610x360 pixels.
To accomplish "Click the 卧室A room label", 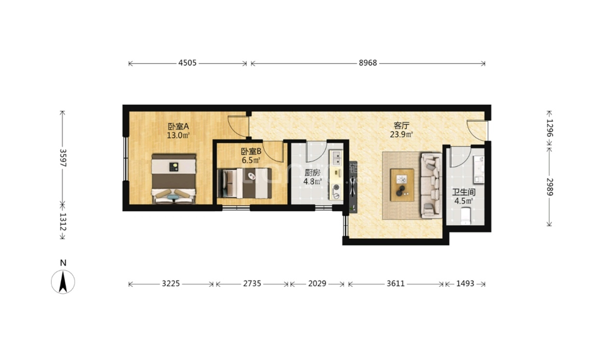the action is click(178, 126).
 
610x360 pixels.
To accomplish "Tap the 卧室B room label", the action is click(251, 151).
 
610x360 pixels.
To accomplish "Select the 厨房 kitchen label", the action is click(312, 173).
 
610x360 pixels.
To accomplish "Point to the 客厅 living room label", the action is click(401, 125).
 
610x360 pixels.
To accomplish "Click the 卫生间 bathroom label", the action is click(464, 192).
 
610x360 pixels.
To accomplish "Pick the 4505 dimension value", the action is click(187, 62).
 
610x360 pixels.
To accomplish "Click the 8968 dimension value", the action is click(368, 62).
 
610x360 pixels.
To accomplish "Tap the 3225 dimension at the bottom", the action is click(171, 284).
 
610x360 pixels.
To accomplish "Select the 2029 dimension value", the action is click(317, 284).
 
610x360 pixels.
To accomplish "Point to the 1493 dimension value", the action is click(466, 284).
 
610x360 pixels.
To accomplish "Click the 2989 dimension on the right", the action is click(549, 187).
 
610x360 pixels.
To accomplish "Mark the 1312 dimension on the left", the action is click(62, 221).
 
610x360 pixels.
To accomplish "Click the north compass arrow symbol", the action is click(63, 282).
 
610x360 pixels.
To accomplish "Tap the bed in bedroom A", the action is click(173, 179).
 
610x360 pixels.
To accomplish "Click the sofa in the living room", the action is click(431, 185).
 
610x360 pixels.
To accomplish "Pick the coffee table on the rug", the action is click(402, 185).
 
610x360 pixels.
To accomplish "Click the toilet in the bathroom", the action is click(466, 216).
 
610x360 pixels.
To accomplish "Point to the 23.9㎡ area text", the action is click(401, 135).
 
